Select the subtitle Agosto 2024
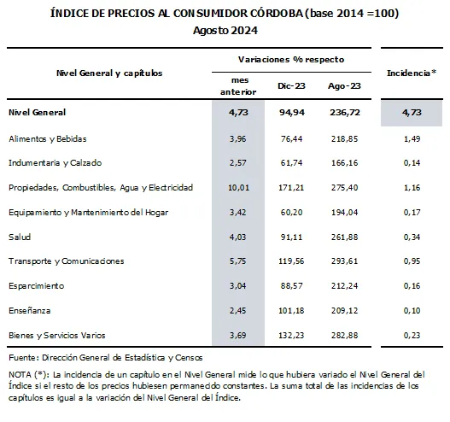coord(225,31)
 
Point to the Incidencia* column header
coord(412,73)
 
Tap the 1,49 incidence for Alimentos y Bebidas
coord(412,138)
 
